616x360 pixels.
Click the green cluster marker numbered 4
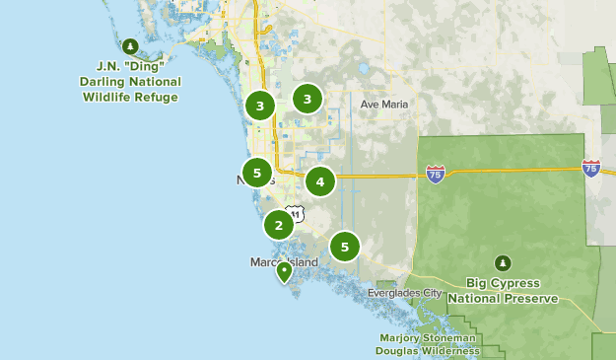click(x=319, y=181)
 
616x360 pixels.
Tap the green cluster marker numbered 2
click(x=279, y=225)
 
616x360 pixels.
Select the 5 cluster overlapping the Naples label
click(x=256, y=173)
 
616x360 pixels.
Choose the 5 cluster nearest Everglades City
click(x=344, y=247)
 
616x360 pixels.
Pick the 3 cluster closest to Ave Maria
click(x=308, y=99)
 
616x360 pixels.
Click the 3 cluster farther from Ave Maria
click(x=259, y=106)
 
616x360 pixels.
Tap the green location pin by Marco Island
click(x=284, y=270)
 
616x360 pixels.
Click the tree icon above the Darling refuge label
click(x=131, y=45)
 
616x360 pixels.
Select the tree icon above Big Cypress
click(x=504, y=263)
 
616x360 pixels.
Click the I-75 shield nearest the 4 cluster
click(x=435, y=174)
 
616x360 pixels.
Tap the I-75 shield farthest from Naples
click(x=591, y=168)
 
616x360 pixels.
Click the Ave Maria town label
click(x=384, y=104)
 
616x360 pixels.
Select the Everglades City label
click(x=404, y=293)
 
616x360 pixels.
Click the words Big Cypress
click(x=503, y=282)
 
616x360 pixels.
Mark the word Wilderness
click(x=448, y=350)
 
